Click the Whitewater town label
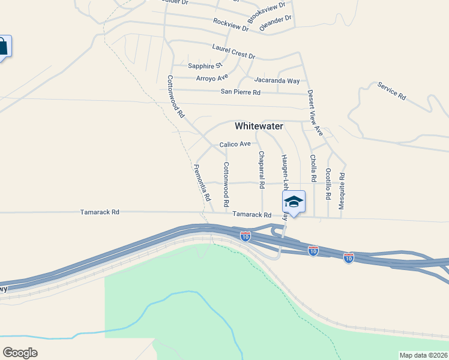[x=258, y=126]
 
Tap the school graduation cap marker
[x=294, y=202]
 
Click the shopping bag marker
[x=2, y=47]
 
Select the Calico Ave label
[x=235, y=144]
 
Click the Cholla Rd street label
[x=313, y=168]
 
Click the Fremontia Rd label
[x=203, y=182]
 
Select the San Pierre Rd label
[x=241, y=92]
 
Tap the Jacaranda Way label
[x=277, y=80]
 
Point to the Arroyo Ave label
[x=212, y=77]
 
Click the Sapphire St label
[x=205, y=65]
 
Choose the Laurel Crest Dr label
[x=234, y=51]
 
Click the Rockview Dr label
[x=231, y=25]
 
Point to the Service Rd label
[x=392, y=91]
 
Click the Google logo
[x=20, y=353]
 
